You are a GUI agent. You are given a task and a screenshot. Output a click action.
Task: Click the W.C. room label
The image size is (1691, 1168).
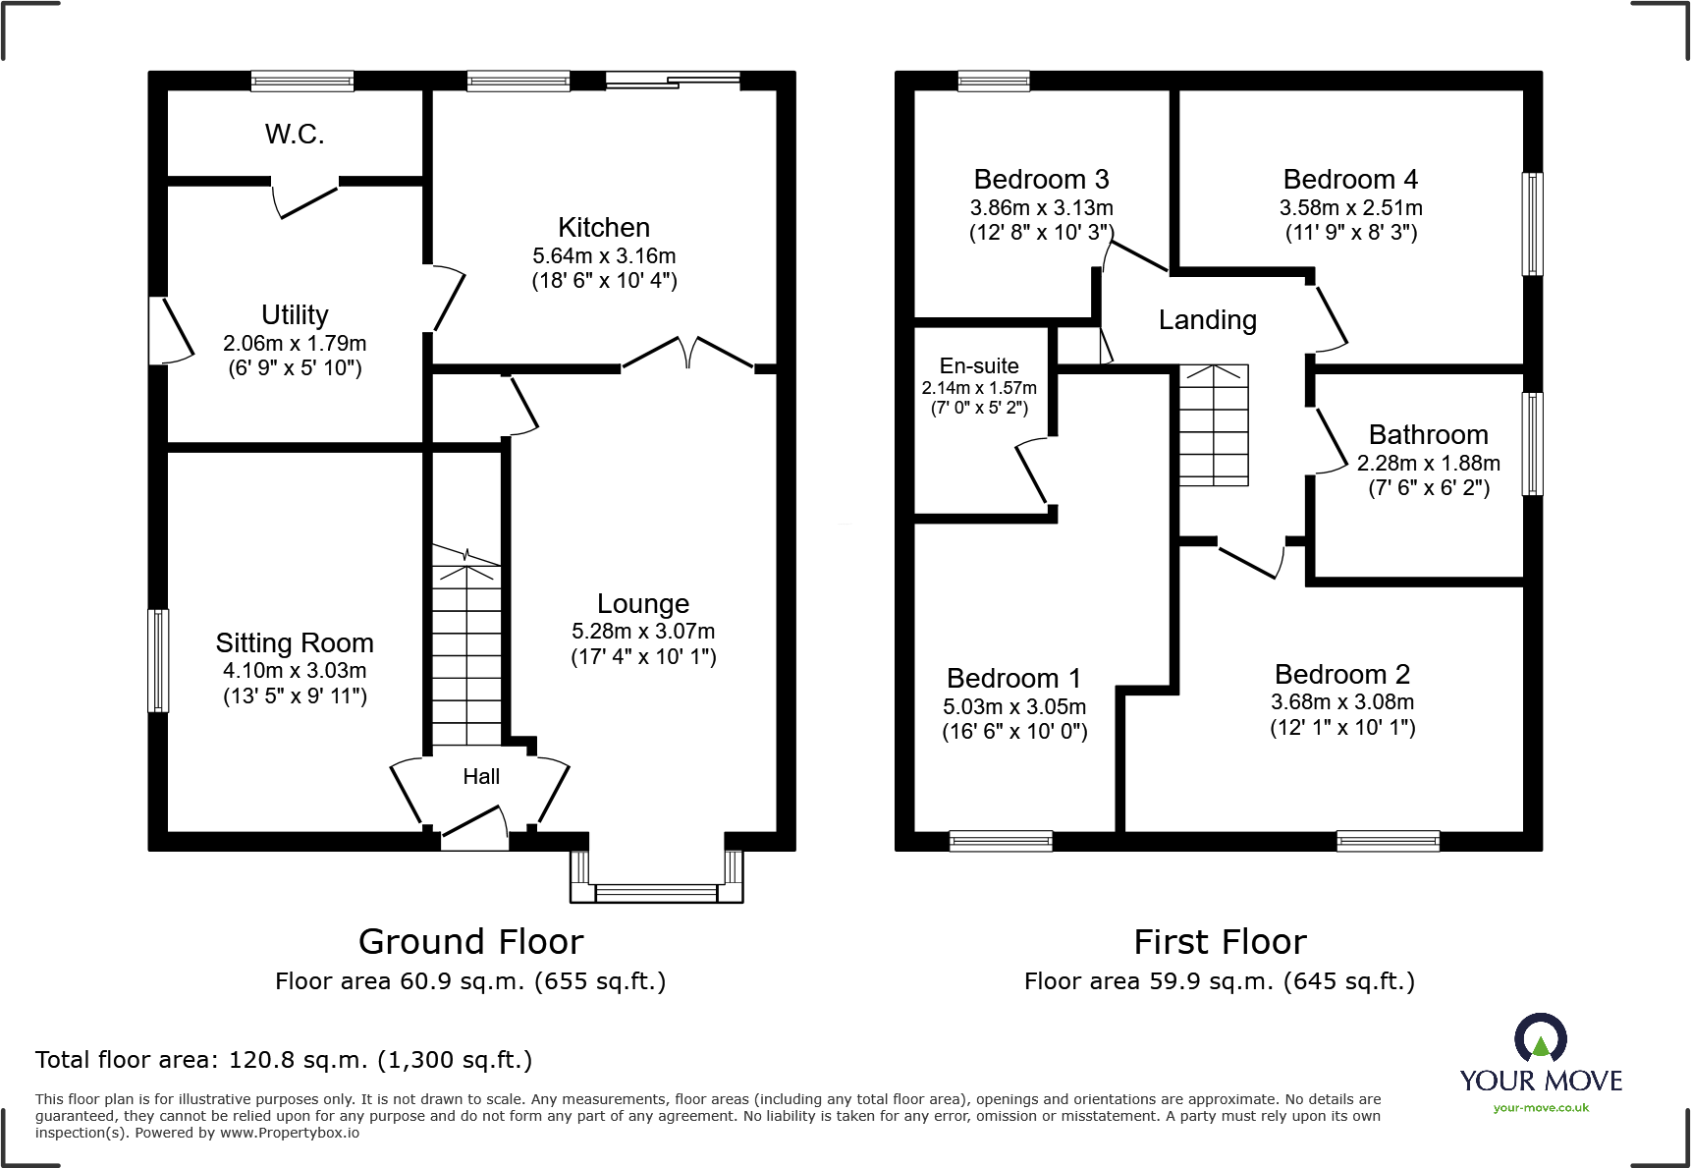pos(295,135)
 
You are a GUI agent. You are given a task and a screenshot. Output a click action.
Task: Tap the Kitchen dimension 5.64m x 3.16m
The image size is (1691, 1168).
pos(604,256)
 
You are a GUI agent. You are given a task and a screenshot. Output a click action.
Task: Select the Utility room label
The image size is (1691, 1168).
pos(295,315)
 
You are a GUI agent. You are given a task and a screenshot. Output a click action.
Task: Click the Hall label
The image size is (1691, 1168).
pos(481,777)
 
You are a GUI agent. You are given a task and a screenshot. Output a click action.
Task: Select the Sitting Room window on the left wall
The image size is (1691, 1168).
pos(158,660)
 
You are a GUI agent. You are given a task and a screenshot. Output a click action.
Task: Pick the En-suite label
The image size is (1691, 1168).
pos(979,366)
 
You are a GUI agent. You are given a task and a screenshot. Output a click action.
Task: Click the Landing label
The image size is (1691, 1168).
pos(1207,320)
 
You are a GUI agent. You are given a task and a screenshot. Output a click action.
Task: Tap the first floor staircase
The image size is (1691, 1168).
pos(1214,425)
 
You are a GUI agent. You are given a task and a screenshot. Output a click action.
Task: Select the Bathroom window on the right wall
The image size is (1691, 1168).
pos(1532,444)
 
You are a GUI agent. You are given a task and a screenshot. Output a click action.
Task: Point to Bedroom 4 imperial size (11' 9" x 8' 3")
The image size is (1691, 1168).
pos(1351,233)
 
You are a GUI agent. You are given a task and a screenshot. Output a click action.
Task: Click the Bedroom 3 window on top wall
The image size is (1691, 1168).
pos(993,81)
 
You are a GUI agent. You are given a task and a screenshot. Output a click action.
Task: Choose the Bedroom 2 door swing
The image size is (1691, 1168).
pos(1252,562)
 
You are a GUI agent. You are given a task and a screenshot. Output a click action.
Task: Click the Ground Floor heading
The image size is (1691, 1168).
pos(470,942)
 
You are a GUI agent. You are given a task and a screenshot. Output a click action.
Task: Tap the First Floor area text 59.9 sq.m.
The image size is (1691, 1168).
pos(1219,981)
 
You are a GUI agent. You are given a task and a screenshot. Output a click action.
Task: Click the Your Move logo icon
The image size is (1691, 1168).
pos(1540,1038)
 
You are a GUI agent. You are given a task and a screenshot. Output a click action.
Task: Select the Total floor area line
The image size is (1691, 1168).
pos(284,1060)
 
